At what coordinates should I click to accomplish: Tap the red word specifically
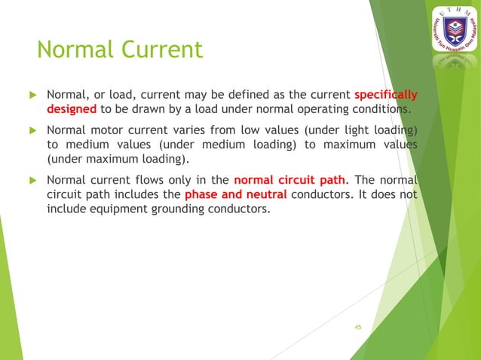[386, 95]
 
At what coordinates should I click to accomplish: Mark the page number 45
[358, 327]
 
